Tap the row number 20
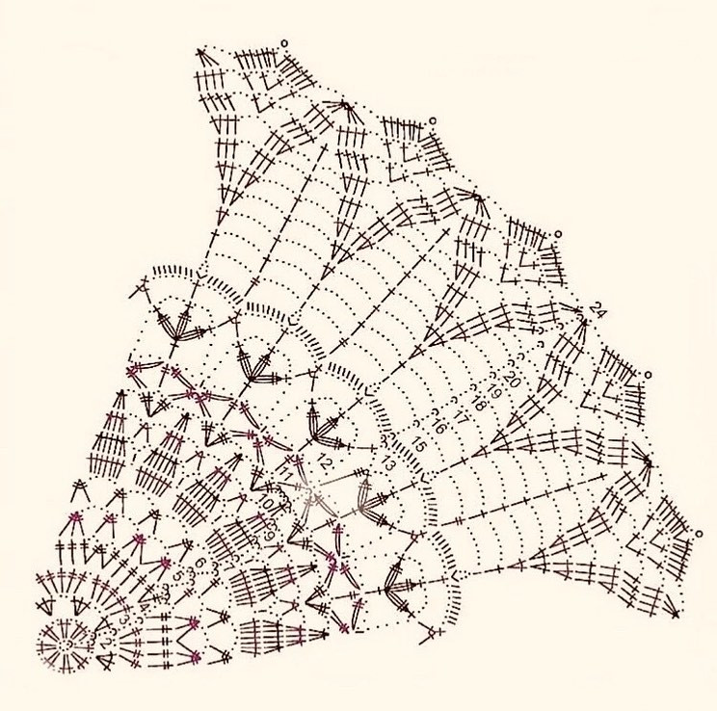coord(511,381)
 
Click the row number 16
coord(439,425)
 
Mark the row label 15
coord(418,446)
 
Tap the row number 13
coord(388,464)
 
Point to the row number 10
coord(267,502)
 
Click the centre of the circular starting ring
coord(64,643)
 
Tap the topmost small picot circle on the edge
coord(283,42)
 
